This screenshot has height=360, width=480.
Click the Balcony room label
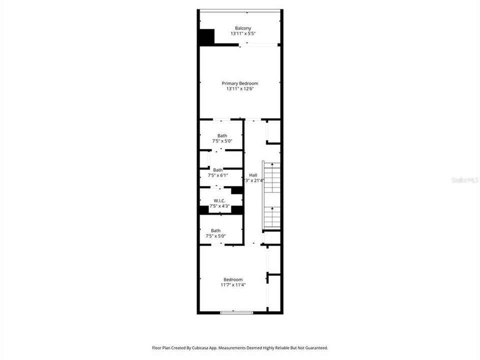coord(243,28)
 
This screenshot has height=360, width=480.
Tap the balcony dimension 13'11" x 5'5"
coord(243,33)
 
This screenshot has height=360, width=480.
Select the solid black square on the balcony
coord(206,37)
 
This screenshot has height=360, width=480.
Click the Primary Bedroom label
coord(240,83)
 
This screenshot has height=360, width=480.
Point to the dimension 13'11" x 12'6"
coord(240,88)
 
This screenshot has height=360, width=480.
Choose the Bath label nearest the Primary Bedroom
coord(222,135)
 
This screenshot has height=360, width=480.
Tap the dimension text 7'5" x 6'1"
coord(218,175)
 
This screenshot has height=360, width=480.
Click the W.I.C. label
coord(219,200)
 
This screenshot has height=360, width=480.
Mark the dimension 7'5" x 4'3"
coord(219,206)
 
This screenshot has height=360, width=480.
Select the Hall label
coord(253,175)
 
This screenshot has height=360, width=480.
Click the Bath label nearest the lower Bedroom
coord(215,230)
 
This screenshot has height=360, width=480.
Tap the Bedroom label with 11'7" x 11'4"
coord(233,279)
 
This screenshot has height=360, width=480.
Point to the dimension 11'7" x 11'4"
coord(233,285)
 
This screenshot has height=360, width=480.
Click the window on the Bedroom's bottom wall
coord(236,312)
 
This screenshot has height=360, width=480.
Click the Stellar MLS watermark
coord(464,179)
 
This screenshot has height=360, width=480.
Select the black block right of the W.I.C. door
coord(237,190)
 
